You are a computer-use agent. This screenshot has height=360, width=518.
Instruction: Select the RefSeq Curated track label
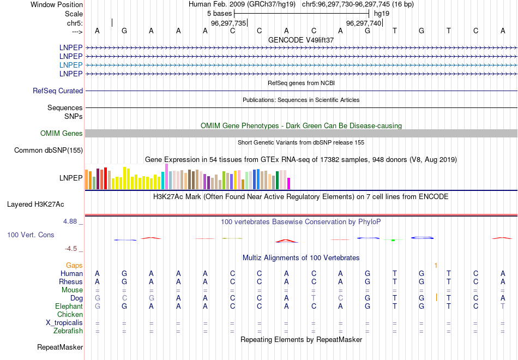pos(58,91)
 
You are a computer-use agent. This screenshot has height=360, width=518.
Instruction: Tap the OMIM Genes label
pos(62,133)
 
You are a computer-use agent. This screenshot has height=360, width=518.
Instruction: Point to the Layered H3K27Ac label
pos(35,205)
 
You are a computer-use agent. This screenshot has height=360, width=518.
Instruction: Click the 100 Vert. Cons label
pos(31,235)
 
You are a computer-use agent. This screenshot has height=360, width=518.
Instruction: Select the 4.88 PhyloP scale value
pos(71,221)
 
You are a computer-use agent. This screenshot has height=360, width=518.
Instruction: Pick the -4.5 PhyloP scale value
pos(71,249)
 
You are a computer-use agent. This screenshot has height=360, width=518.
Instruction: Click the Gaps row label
pos(74,265)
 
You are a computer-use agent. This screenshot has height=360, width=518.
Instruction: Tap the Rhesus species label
pos(71,281)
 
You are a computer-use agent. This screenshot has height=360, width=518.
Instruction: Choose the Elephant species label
pos(69,307)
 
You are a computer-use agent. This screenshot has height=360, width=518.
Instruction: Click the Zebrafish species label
pos(68,331)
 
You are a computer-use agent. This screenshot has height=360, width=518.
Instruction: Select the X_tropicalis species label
pos(64,322)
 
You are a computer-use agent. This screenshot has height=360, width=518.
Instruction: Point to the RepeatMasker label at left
pos(60,347)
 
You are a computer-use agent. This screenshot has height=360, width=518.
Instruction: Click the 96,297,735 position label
pos(228,23)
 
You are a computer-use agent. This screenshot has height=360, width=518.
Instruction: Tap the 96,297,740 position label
pos(364,23)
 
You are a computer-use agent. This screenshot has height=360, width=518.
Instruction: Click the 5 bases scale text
pos(219,13)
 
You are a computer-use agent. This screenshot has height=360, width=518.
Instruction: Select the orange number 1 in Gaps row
pos(436,266)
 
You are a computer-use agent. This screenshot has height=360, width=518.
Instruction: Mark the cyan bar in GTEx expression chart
pos(163,181)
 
